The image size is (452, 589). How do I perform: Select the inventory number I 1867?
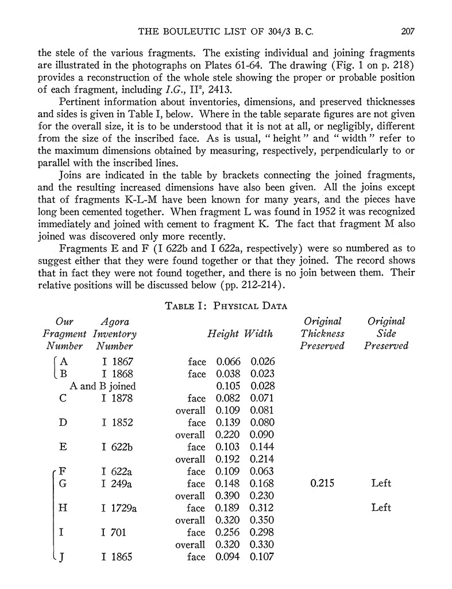coord(117,362)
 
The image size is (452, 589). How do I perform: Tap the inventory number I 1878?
coord(117,398)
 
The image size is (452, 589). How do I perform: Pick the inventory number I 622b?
coord(117,447)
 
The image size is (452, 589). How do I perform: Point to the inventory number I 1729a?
coord(119,508)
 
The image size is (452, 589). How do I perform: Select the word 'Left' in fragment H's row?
coord(381,508)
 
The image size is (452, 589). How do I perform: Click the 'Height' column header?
coord(223,334)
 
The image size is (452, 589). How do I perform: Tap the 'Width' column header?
coord(258,334)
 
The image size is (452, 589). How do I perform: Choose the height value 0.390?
coord(227,496)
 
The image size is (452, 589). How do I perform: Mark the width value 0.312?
coord(262,508)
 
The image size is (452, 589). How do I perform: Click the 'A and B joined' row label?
coord(103,386)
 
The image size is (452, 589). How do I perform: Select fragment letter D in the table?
coord(63,423)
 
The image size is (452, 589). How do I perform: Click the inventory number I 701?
coord(114,533)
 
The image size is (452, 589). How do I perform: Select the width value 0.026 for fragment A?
coord(262,362)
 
